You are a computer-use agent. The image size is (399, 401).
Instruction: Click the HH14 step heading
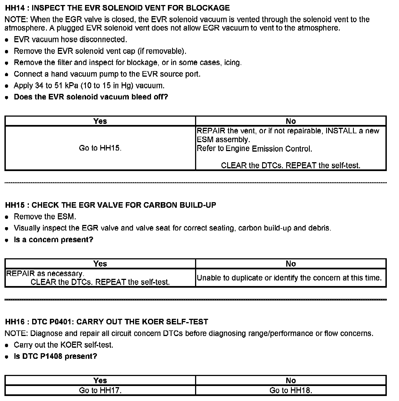tap(117, 8)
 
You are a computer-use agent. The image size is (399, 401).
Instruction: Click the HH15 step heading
tap(111, 205)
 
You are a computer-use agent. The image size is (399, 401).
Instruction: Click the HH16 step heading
tap(107, 322)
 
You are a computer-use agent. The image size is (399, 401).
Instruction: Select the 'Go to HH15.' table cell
tap(100, 148)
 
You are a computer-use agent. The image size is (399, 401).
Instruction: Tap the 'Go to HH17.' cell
tap(100, 390)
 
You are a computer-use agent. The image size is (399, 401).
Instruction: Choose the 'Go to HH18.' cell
tap(291, 390)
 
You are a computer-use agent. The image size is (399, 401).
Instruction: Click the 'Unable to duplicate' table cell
tap(289, 278)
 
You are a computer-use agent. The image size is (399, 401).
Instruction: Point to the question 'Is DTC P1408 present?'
tap(55, 356)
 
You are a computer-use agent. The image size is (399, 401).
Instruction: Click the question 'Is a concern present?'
tap(53, 240)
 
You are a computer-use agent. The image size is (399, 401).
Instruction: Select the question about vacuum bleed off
tap(91, 97)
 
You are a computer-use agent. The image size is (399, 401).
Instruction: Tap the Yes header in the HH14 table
tap(100, 121)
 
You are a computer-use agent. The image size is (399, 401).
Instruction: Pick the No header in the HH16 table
tap(291, 380)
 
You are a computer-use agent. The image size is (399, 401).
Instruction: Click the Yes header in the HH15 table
tap(100, 264)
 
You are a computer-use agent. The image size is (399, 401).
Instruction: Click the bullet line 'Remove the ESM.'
tap(45, 217)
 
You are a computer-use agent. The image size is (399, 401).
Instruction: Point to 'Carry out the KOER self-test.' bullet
tap(63, 345)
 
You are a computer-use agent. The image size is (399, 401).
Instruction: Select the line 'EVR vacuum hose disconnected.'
tap(70, 39)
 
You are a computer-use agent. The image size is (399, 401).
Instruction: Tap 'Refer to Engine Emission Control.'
tap(254, 149)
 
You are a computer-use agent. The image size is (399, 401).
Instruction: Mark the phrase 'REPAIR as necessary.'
tap(45, 274)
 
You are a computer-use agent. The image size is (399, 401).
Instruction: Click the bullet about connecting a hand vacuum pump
tap(107, 74)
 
